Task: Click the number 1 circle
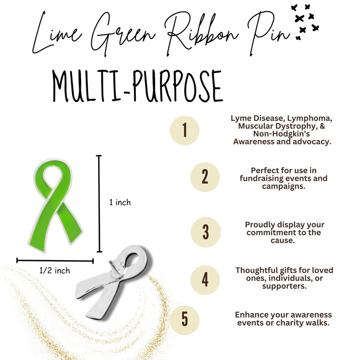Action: tap(184, 130)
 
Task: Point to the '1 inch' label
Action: tap(120, 202)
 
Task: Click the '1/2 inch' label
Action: tap(55, 270)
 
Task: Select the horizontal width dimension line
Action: tap(55, 260)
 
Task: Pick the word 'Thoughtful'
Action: tap(256, 270)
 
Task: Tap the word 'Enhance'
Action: tap(251, 314)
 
